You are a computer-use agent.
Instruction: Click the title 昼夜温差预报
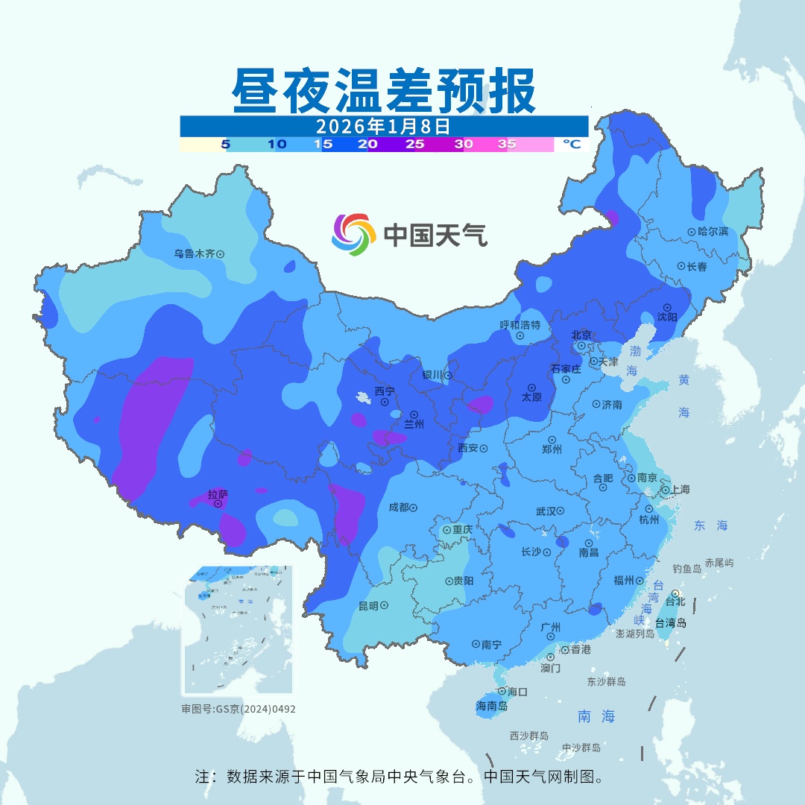pyautogui.click(x=384, y=92)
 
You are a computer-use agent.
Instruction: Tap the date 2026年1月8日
pyautogui.click(x=384, y=125)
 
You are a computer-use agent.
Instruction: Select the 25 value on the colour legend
pyautogui.click(x=414, y=145)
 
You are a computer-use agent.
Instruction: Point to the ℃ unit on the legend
pyautogui.click(x=571, y=145)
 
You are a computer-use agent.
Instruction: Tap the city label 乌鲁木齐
pyautogui.click(x=195, y=254)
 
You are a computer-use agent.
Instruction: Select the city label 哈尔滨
pyautogui.click(x=713, y=232)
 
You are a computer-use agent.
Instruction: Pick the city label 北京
pyautogui.click(x=581, y=335)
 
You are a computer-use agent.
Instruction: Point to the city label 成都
pyautogui.click(x=399, y=508)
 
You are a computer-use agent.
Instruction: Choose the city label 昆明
pyautogui.click(x=369, y=606)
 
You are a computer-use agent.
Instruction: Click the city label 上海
pyautogui.click(x=680, y=490)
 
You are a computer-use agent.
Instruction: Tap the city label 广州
pyautogui.click(x=550, y=628)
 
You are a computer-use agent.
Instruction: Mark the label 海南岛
pyautogui.click(x=491, y=706)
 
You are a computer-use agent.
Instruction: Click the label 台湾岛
pyautogui.click(x=671, y=623)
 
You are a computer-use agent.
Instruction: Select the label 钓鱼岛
pyautogui.click(x=686, y=569)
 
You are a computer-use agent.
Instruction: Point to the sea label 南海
pyautogui.click(x=596, y=716)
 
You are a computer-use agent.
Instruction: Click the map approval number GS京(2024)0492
pyautogui.click(x=239, y=709)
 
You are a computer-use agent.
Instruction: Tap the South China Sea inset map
pyautogui.click(x=239, y=630)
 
